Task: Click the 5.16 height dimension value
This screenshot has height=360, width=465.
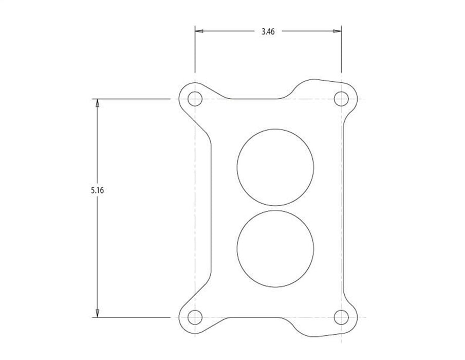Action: (97, 190)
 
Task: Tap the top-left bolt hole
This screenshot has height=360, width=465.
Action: (194, 98)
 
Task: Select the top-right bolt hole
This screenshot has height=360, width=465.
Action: (341, 98)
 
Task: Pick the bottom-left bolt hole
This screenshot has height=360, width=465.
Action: (194, 317)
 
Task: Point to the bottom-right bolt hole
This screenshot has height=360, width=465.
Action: (341, 317)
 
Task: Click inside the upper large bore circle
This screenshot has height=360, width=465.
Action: (275, 166)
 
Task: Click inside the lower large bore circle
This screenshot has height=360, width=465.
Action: (275, 248)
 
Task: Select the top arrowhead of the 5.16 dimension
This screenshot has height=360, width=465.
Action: (97, 103)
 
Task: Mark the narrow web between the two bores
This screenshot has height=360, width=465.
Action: (275, 207)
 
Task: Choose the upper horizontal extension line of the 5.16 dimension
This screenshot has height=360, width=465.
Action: (134, 98)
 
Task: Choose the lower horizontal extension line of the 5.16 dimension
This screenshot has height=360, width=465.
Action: (134, 317)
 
